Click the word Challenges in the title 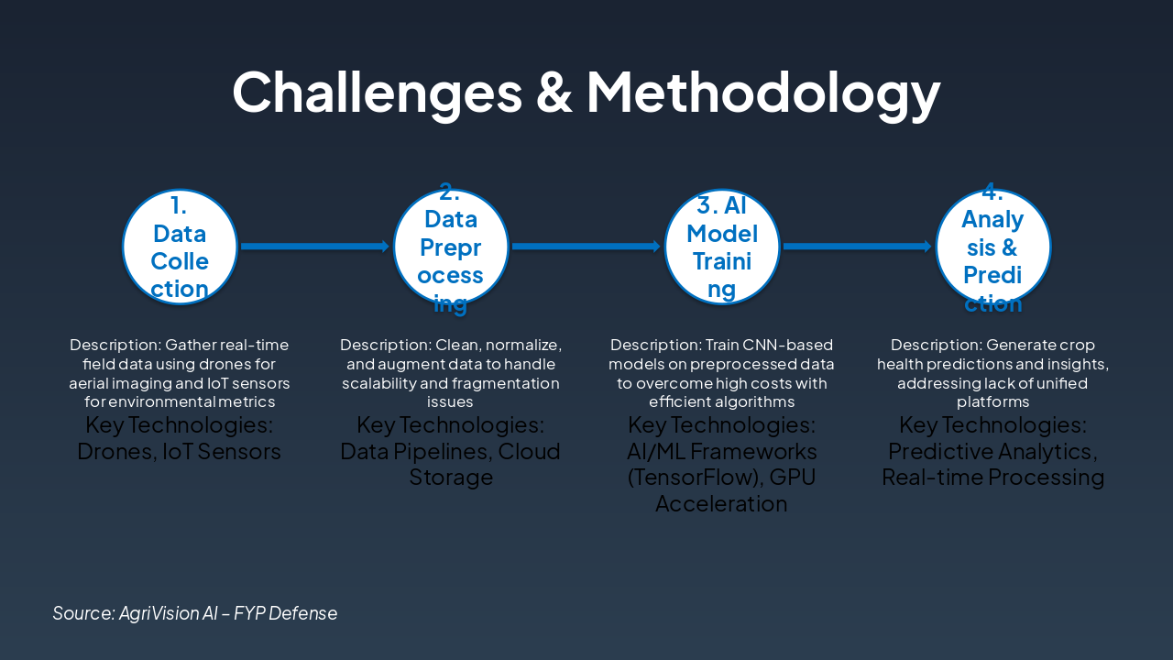[x=376, y=92]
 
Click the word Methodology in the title [x=762, y=92]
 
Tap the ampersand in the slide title [x=554, y=92]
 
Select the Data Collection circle [x=181, y=247]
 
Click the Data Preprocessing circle [x=451, y=247]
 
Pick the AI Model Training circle [x=722, y=247]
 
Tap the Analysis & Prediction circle [x=992, y=247]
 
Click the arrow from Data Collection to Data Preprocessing [x=315, y=246]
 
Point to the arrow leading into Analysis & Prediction [x=858, y=246]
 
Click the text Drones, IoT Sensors [x=180, y=452]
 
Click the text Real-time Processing [x=993, y=478]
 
